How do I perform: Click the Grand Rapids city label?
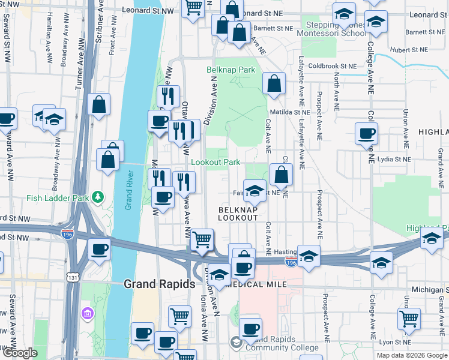click(x=159, y=284)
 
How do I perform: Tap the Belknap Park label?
click(x=231, y=70)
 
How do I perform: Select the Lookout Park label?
click(x=215, y=162)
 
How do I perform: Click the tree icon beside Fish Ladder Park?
click(x=97, y=197)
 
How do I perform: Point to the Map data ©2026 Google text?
click(x=411, y=355)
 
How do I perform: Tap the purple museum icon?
click(x=87, y=313)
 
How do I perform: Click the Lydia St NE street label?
click(x=395, y=160)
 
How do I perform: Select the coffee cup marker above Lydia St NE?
click(x=366, y=133)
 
